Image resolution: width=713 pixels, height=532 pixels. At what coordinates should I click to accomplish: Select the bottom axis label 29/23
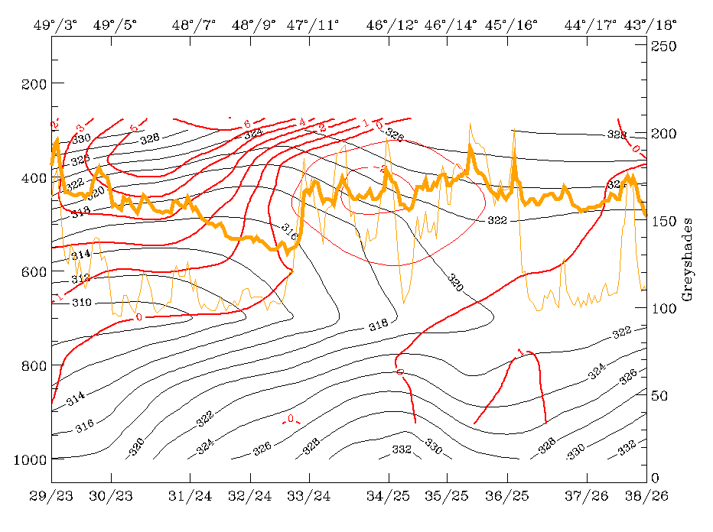point(53,495)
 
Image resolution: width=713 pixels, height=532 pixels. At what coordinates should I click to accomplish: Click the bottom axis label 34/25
point(388,495)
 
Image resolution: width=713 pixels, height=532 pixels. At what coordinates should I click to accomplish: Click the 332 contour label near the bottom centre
point(401,449)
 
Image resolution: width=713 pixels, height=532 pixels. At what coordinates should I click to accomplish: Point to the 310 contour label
point(81,303)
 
